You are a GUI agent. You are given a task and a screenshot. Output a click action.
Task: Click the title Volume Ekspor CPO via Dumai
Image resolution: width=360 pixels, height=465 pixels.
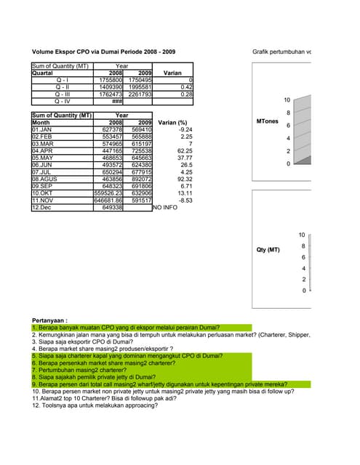[104, 52]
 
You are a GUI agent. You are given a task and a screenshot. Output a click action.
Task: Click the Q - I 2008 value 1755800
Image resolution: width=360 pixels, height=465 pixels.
[107, 80]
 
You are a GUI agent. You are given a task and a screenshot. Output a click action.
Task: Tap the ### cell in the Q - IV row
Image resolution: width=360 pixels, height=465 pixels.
[116, 101]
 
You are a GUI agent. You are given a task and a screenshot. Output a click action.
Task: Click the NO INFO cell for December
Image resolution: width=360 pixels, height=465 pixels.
[165, 207]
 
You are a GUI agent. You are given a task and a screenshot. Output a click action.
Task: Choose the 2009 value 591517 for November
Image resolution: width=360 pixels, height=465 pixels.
[138, 200]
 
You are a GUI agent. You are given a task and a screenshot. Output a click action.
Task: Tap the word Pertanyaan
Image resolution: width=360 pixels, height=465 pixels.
[50, 320]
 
